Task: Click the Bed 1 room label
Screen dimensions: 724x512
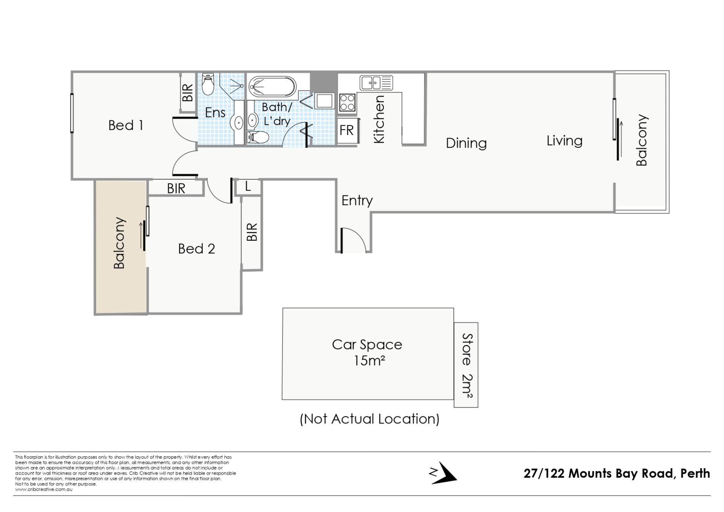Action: [126, 125]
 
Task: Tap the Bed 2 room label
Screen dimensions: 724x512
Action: [196, 249]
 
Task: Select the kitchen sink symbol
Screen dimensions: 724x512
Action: [376, 83]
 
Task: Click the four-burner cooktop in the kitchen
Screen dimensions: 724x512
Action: [347, 102]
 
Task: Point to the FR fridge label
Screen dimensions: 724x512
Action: [347, 130]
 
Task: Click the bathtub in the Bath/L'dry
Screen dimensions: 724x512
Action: [272, 87]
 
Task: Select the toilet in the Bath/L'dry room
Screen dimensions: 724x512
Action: [258, 137]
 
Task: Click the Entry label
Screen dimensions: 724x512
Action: [357, 200]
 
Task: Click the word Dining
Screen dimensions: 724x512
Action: [466, 143]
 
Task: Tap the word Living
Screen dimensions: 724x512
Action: [564, 141]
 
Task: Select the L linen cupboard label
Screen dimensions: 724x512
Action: [248, 186]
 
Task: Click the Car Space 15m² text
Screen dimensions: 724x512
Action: [367, 352]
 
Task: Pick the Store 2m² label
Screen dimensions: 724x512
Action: [467, 365]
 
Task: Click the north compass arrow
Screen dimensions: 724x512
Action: [445, 473]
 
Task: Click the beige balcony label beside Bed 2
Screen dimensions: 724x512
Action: [119, 243]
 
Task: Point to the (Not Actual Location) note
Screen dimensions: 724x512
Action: [370, 419]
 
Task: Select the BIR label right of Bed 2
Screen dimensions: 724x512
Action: [252, 232]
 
